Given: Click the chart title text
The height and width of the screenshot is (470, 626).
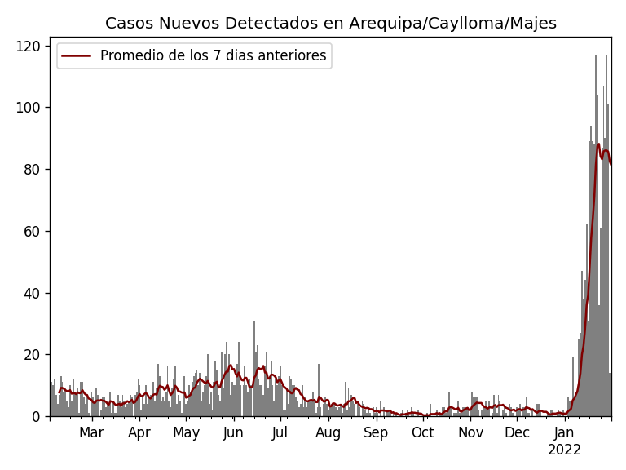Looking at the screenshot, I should pos(330,24).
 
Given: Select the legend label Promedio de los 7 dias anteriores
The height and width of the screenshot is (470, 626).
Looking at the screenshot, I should pos(213,56).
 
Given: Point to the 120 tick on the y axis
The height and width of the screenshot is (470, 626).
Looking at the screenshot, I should pos(31,46).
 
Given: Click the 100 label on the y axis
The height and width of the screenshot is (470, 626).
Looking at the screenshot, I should pos(31,108).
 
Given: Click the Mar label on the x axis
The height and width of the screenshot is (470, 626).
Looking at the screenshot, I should pos(91,432).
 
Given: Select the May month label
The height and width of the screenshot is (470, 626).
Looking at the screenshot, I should pos(187,432).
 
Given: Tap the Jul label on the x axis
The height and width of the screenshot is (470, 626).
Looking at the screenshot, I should pos(280,432).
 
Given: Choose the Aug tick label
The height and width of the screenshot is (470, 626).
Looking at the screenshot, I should pos(328,432).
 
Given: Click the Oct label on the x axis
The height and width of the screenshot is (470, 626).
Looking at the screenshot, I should pos(423,432).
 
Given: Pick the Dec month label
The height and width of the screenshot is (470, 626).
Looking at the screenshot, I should pos(517,432).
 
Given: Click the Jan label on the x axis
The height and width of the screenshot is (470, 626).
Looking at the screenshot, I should pos(564,432).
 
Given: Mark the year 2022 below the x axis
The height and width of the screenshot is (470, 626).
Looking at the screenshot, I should pos(564,450).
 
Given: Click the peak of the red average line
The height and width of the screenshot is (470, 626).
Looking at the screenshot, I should pos(598,144).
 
